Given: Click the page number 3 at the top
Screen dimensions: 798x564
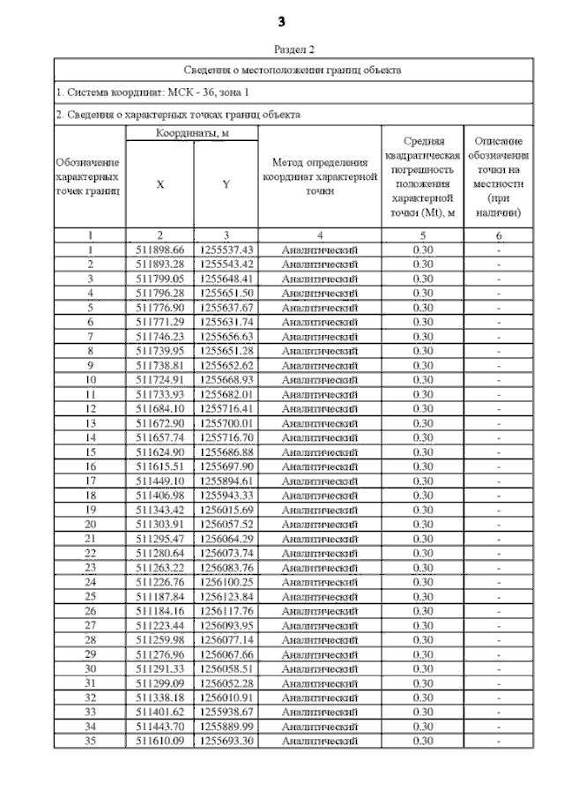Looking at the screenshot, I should pyautogui.click(x=282, y=20).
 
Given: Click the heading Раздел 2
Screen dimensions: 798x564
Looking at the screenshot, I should pyautogui.click(x=294, y=50).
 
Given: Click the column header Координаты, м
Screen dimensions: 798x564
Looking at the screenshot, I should pyautogui.click(x=191, y=132).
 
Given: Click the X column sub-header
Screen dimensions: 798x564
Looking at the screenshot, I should pyautogui.click(x=159, y=184).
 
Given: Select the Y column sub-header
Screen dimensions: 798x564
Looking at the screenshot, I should pyautogui.click(x=226, y=184).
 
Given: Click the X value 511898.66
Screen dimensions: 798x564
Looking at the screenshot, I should pyautogui.click(x=160, y=250).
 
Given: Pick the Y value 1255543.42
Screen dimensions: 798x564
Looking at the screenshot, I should pyautogui.click(x=226, y=265).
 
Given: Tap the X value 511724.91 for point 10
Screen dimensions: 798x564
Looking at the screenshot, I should pyautogui.click(x=160, y=380).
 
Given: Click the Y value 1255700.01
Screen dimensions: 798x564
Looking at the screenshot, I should pyautogui.click(x=226, y=423).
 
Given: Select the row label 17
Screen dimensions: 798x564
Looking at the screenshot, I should pyautogui.click(x=90, y=481).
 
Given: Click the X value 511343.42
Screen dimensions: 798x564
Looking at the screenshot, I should pyautogui.click(x=160, y=511).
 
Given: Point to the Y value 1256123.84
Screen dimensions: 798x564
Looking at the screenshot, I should pyautogui.click(x=226, y=597).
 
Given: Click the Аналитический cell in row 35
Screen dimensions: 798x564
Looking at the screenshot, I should pyautogui.click(x=320, y=742).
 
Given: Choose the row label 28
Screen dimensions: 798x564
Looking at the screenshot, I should pyautogui.click(x=90, y=640).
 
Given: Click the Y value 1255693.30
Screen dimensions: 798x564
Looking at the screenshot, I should pyautogui.click(x=226, y=742).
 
